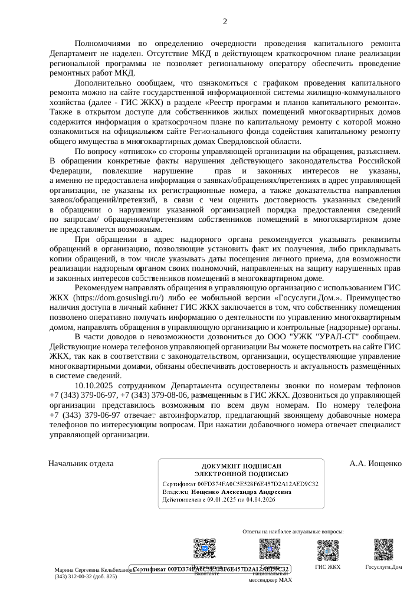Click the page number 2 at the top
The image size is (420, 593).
225,22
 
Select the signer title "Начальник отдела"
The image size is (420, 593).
81,463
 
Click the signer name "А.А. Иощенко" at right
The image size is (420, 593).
375,463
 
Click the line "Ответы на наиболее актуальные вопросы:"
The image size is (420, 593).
293,531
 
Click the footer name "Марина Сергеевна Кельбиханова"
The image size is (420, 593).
91,571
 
